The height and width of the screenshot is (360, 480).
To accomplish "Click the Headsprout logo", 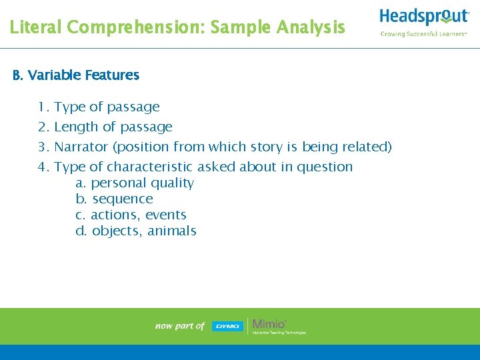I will (x=424, y=17).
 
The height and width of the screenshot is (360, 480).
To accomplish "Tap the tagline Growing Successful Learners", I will (x=423, y=34).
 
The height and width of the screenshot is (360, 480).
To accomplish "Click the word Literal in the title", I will (x=36, y=27).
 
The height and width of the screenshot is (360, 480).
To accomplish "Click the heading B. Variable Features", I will (x=76, y=75).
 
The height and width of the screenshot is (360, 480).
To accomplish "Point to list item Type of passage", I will (x=107, y=107).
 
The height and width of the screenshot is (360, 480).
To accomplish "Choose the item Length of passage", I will (x=113, y=127).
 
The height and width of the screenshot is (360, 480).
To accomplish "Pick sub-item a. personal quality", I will (x=135, y=183).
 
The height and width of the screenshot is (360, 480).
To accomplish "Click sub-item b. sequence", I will (x=114, y=199).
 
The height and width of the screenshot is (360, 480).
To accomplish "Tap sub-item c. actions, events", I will (x=131, y=215).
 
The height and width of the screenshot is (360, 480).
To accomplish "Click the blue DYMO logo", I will (x=227, y=326).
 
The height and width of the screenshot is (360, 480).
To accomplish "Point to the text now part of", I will (x=179, y=326).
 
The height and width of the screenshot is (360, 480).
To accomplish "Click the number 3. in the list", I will (x=44, y=147).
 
